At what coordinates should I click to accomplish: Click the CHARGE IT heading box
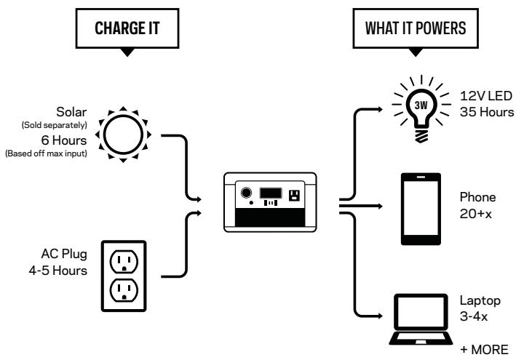coord(127,28)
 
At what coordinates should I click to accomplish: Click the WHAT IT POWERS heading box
coord(416,28)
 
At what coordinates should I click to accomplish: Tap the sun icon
coord(123,135)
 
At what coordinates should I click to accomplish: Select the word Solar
coord(71,112)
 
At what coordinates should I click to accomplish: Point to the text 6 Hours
coord(64,140)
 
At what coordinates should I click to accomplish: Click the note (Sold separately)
coord(55,125)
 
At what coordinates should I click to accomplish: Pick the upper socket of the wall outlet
coord(124,261)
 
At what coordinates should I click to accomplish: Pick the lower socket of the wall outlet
coord(124,290)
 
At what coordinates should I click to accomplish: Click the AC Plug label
coord(64,254)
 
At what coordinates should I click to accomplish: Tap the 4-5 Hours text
coord(58,271)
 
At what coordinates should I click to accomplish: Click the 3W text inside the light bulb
coord(421,105)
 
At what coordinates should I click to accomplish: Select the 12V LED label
coord(486,96)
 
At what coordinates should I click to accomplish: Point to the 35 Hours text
coord(487,112)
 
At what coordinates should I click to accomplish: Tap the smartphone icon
coord(421,209)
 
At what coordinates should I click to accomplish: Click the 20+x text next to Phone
coord(476,214)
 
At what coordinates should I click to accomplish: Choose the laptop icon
coord(421,319)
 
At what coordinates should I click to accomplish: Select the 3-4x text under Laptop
coord(474,316)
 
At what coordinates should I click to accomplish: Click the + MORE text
coord(485,350)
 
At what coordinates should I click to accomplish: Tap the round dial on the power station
coord(246,192)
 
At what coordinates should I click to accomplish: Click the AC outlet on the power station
coord(294,196)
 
